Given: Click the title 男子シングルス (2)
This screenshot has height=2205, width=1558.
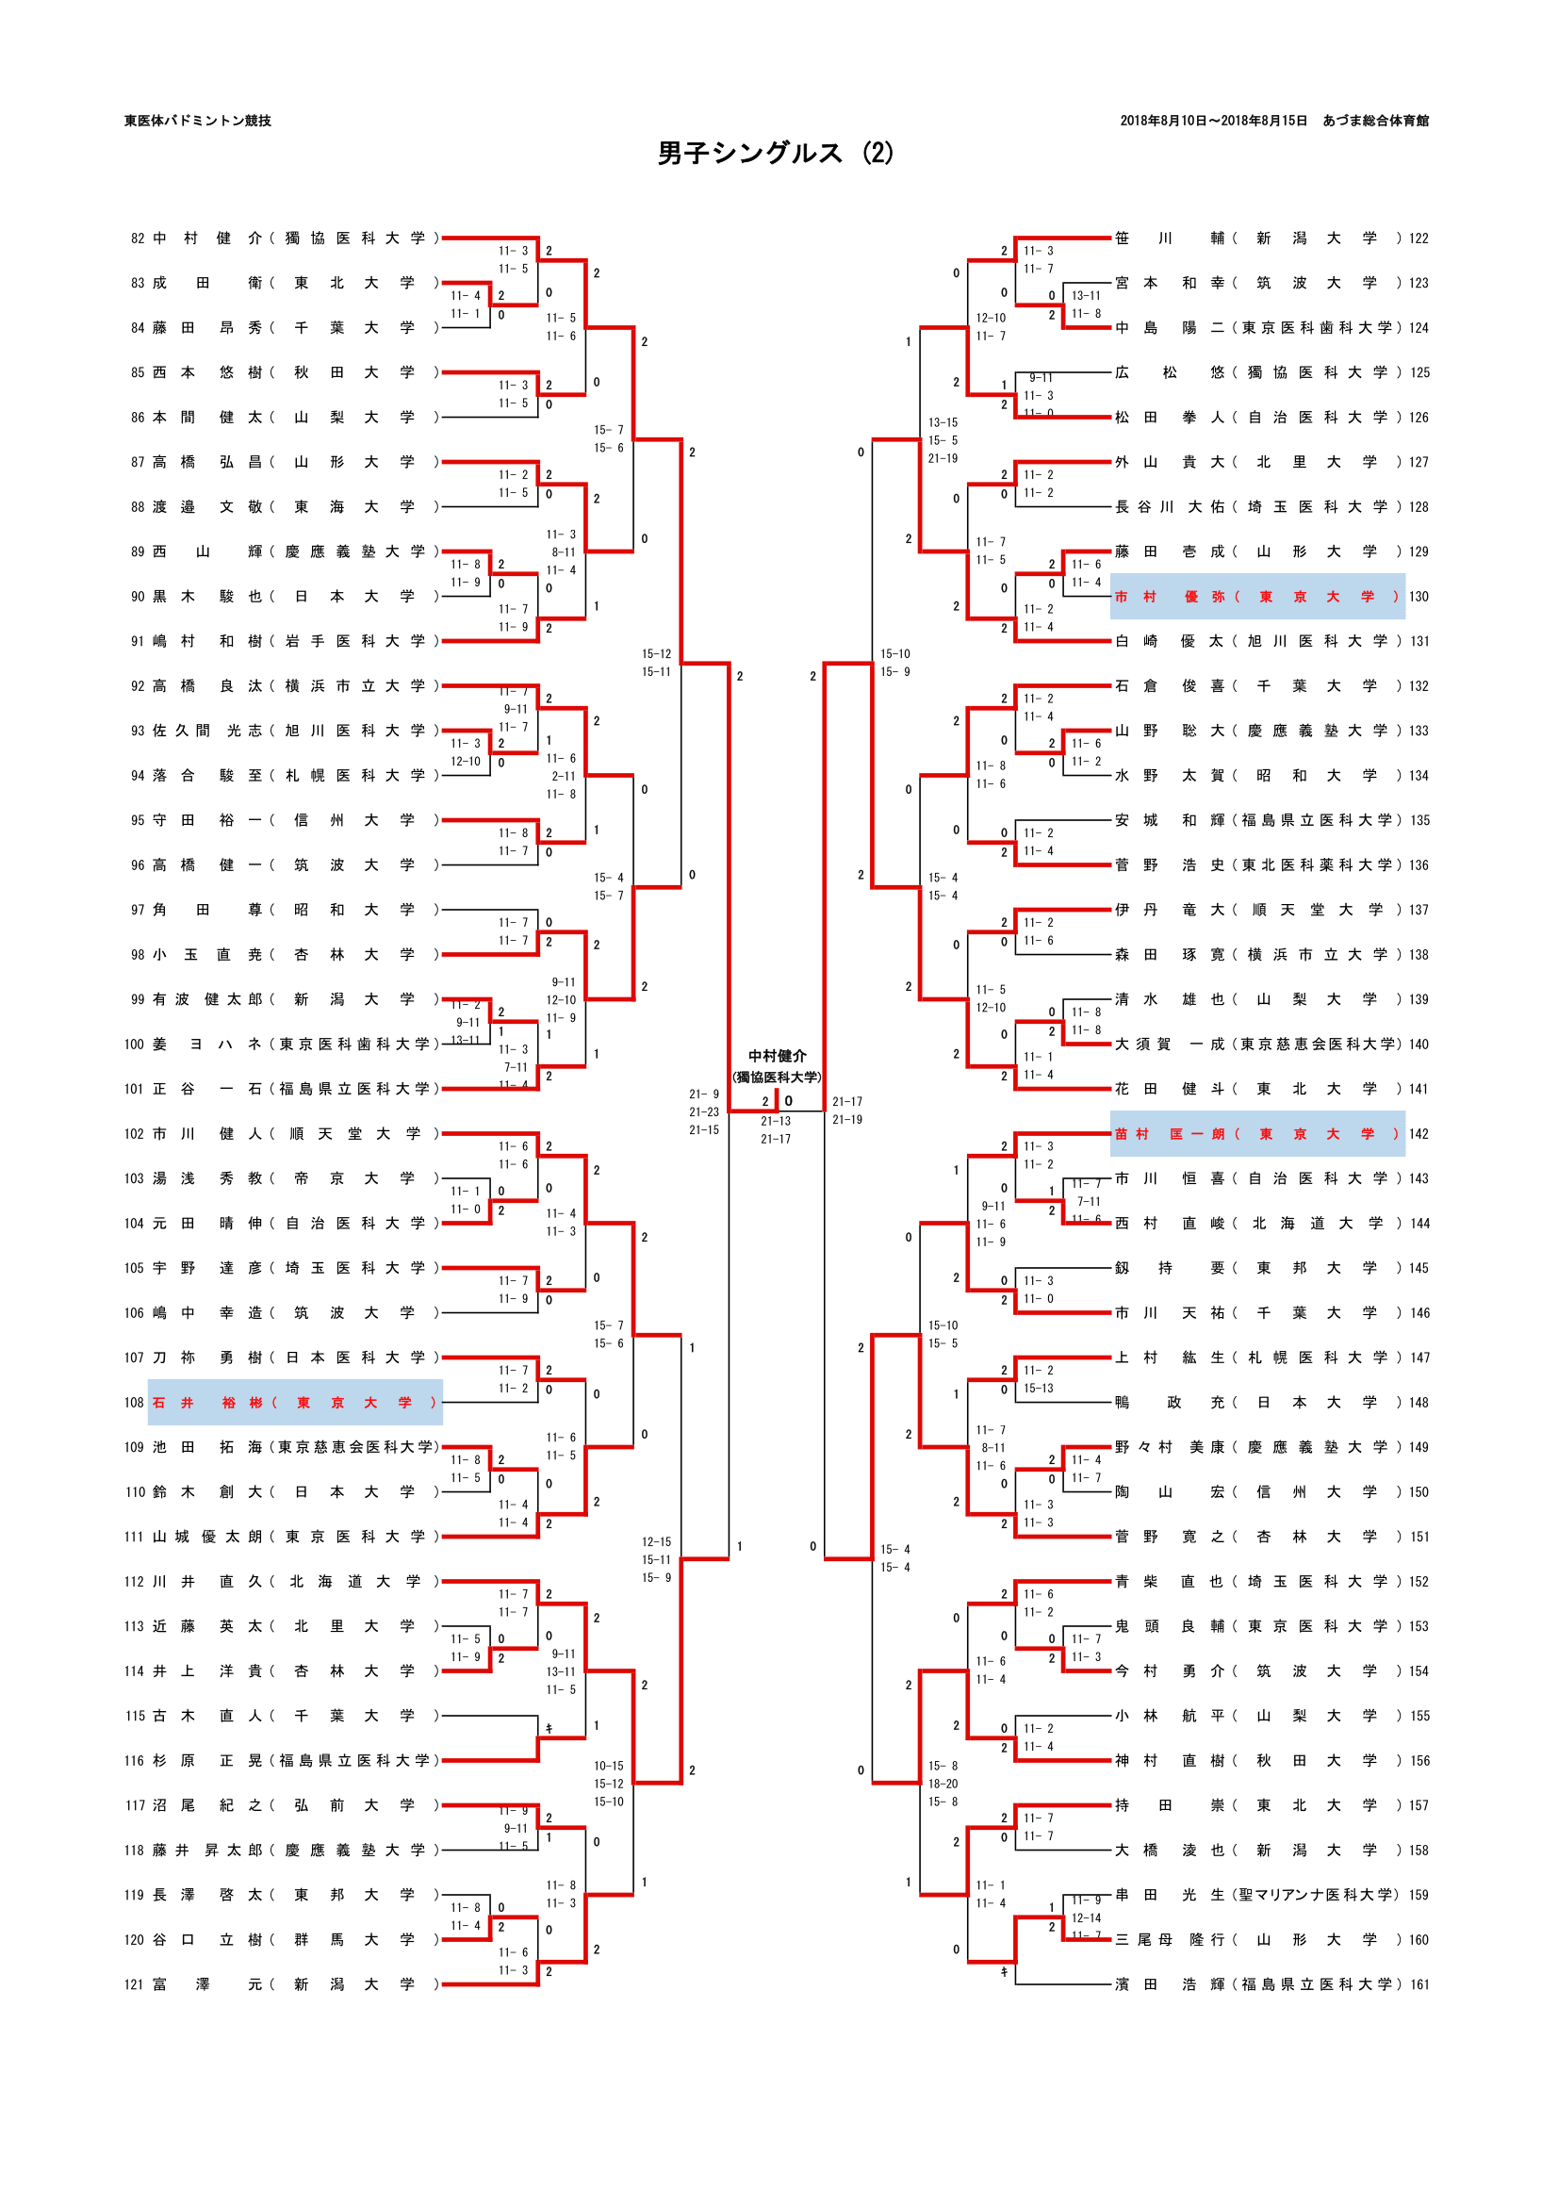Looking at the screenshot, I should (x=775, y=154).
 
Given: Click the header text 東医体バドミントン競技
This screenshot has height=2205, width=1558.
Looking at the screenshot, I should (x=198, y=121).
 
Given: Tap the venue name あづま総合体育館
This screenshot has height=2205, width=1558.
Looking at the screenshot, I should (x=1374, y=121).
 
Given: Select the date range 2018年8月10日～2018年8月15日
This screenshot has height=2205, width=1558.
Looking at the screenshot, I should (x=1213, y=121).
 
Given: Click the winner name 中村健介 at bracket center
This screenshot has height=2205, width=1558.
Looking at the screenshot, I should (x=777, y=1057).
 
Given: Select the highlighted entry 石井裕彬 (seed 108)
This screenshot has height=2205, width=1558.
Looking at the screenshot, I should (x=295, y=1403).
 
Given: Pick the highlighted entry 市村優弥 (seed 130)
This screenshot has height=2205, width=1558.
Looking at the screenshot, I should (x=1256, y=598).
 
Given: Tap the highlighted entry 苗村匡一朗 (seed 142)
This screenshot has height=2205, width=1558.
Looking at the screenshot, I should (x=1256, y=1134).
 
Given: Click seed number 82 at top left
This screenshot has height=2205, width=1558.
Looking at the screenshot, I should (x=139, y=239).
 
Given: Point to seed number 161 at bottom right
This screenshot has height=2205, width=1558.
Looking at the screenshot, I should (x=1419, y=1985).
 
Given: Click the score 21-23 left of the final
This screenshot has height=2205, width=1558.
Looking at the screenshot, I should (x=704, y=1112).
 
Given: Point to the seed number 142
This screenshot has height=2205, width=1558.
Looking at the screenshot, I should (x=1419, y=1134).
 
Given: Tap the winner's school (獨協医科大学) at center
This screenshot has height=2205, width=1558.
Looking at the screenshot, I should (x=777, y=1078).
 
